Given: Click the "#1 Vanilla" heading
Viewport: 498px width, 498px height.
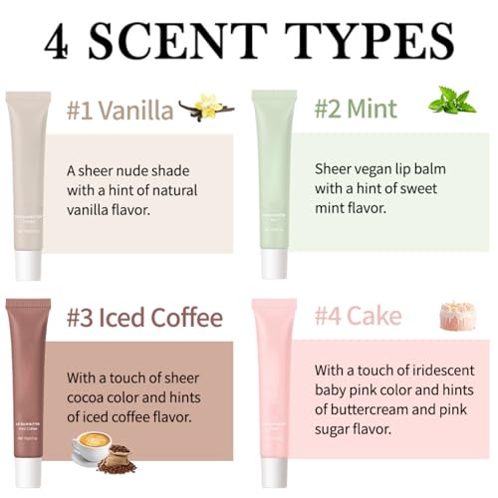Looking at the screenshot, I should (122, 109).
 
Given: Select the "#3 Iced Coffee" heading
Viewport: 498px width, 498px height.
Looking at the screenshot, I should (144, 318).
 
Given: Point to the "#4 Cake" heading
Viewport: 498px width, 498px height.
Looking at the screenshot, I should (359, 317).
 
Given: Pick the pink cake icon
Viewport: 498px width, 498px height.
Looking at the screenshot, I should (457, 316).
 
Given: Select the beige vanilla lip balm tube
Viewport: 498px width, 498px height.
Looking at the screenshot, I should (28, 169).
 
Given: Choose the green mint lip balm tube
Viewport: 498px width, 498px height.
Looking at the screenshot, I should (274, 169).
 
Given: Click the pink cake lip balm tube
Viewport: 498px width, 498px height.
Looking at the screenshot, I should (274, 378).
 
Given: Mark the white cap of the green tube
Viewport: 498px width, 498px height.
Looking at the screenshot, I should (274, 264).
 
